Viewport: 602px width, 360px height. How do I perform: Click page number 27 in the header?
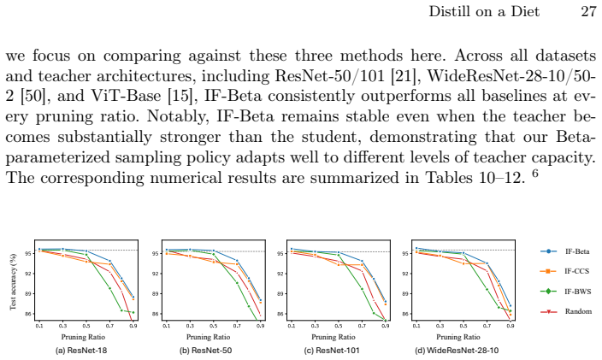pos(588,11)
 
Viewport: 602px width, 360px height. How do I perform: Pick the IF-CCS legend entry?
pos(564,271)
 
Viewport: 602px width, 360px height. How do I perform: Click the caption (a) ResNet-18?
pos(81,351)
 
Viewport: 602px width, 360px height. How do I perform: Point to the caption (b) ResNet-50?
pos(206,351)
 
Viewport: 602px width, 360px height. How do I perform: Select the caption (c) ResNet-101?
pos(332,351)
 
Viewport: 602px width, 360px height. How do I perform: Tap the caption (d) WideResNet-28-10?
pos(457,351)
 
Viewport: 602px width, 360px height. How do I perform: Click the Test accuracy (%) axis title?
pos(13,281)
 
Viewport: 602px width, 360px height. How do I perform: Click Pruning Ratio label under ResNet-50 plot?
pos(208,337)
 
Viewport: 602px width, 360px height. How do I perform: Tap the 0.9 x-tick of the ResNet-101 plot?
pos(386,326)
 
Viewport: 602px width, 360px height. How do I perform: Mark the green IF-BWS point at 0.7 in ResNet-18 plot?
pos(109,288)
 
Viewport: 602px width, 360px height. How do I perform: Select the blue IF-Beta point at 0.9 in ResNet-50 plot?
pos(261,300)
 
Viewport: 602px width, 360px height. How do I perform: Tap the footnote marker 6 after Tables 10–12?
pos(534,173)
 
